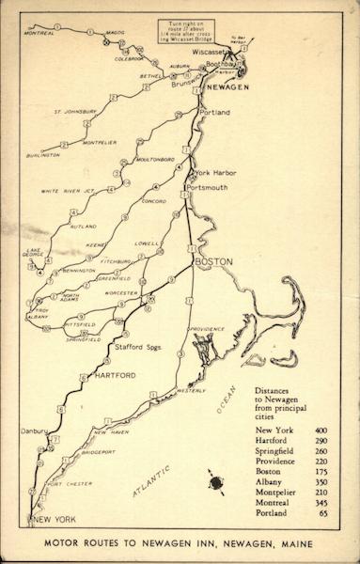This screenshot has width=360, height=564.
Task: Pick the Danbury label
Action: pyautogui.click(x=34, y=431)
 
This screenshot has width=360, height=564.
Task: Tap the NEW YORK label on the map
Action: pyautogui.click(x=52, y=519)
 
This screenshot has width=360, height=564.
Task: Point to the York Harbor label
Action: pyautogui.click(x=215, y=173)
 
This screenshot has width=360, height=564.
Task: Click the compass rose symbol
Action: pyautogui.click(x=217, y=483)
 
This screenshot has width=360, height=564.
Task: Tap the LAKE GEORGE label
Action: pyautogui.click(x=34, y=254)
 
